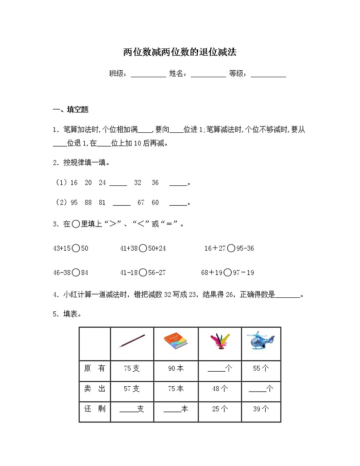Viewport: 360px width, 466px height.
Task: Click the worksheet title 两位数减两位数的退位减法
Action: coord(180,53)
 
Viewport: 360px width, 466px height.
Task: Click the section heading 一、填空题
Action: coord(71,109)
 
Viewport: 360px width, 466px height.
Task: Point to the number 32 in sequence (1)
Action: coord(137,183)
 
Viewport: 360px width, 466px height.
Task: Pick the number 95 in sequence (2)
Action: coord(74,203)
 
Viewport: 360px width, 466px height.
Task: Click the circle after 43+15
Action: coord(76,248)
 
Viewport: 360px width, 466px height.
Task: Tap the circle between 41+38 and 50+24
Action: coord(143,248)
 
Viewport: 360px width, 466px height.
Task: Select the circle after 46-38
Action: coord(76,272)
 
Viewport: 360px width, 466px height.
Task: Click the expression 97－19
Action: coord(245,272)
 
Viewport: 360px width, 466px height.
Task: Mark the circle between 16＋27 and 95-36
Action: coord(231,248)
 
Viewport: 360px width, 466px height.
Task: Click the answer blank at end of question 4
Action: coord(287,296)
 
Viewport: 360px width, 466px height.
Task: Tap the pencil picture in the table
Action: coord(132,341)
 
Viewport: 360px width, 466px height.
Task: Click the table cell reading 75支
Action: coord(132,369)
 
